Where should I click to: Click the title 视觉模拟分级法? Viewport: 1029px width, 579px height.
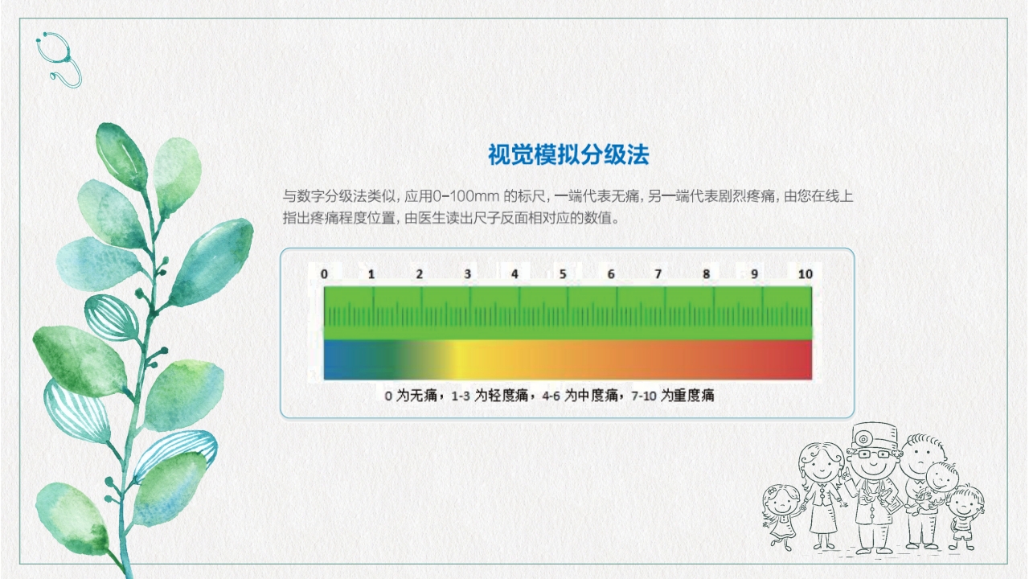[x=568, y=154]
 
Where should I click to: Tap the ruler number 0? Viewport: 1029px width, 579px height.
[x=324, y=274]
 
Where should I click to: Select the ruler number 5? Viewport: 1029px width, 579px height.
[x=563, y=274]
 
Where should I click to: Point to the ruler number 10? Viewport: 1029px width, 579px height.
[x=805, y=274]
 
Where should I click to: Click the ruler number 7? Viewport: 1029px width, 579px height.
[x=658, y=274]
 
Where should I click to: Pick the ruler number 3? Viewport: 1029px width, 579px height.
[x=468, y=274]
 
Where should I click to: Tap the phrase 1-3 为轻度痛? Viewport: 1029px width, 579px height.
[x=493, y=395]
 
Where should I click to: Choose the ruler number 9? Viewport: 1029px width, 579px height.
[x=754, y=274]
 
